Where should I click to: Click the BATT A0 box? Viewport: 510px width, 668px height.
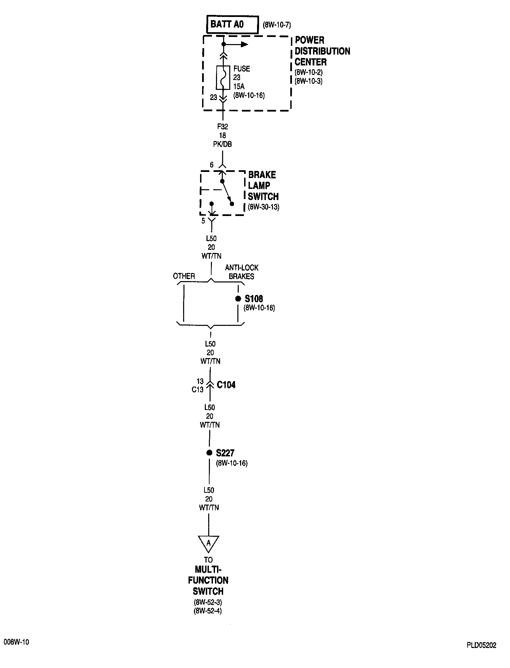232,24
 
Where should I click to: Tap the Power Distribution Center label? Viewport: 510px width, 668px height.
322,51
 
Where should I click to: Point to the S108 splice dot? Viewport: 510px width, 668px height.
238,299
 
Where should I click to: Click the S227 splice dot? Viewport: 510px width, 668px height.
209,453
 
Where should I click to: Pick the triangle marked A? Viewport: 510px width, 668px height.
209,543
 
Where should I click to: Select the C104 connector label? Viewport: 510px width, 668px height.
226,385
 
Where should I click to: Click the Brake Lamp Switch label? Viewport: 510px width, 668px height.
263,185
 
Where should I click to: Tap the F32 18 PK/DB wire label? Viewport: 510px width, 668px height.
222,135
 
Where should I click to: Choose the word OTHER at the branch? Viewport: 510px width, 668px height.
184,276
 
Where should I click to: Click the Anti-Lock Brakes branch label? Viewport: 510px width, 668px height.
241,272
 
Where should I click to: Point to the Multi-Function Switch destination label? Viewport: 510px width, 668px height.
208,580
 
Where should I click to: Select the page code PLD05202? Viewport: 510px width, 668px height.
481,645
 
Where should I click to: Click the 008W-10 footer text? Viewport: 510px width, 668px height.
16,642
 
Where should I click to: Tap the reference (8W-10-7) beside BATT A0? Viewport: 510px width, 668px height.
277,25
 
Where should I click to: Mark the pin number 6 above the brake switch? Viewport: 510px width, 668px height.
212,165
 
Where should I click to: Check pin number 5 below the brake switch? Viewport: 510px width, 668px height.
203,221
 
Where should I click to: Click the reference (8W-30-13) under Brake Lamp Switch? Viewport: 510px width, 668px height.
263,207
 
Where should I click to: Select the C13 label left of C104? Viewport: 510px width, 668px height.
197,390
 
